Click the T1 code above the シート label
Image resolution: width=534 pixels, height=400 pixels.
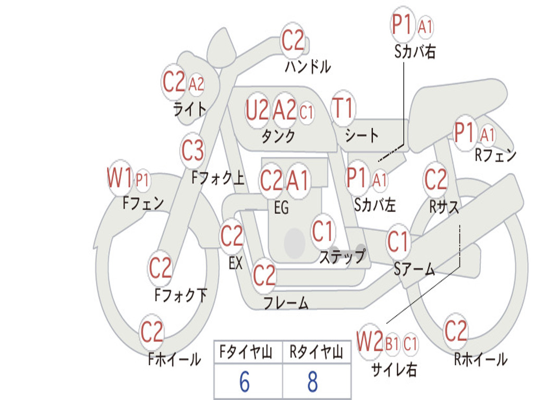click(343, 108)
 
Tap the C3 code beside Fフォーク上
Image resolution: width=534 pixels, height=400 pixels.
click(192, 151)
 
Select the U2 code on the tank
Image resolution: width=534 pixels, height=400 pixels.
click(257, 110)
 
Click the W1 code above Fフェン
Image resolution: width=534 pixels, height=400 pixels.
click(119, 178)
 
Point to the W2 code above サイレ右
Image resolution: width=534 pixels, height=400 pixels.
click(370, 341)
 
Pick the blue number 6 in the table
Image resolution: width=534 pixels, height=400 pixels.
click(245, 382)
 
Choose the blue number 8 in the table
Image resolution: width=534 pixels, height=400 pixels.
click(313, 382)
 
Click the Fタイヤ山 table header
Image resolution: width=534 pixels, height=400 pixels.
click(246, 352)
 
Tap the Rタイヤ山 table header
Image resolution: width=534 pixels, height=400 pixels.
click(316, 352)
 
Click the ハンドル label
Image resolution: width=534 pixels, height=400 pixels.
click(308, 66)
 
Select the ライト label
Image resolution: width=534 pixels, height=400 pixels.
click(190, 109)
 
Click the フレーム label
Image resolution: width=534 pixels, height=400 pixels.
click(286, 303)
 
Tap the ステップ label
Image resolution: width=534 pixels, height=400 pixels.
click(342, 256)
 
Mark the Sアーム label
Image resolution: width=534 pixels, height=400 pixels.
click(415, 269)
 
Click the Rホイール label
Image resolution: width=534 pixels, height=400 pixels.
click(480, 359)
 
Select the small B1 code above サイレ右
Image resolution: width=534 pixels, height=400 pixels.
click(392, 344)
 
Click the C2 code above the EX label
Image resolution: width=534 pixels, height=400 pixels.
click(232, 236)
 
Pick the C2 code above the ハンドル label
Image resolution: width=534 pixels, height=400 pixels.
click(293, 41)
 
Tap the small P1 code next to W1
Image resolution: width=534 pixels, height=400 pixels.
click(143, 180)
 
